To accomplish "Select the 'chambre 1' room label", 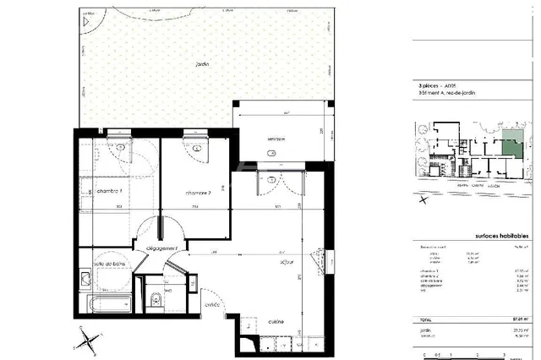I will [110, 192].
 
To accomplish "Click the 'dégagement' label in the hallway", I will [160, 248].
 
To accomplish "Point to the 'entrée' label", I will [211, 304].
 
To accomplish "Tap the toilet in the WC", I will [153, 300].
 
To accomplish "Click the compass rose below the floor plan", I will [87, 342].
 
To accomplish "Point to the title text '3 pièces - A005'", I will [440, 86].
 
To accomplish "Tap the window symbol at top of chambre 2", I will [196, 134].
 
